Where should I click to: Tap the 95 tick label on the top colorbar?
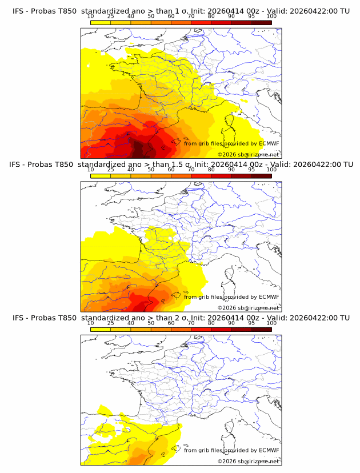click(x=251, y=17)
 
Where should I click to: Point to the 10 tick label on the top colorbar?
click(x=90, y=17)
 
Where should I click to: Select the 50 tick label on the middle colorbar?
click(x=150, y=170)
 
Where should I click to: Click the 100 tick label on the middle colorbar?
click(x=271, y=170)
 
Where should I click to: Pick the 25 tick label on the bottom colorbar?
click(x=110, y=323)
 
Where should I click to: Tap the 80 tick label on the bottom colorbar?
click(x=211, y=323)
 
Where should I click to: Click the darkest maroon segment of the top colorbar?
click(x=261, y=22)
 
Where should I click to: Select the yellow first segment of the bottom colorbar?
click(x=101, y=329)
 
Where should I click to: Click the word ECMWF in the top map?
click(x=269, y=143)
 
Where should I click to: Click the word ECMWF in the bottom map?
click(x=269, y=450)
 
